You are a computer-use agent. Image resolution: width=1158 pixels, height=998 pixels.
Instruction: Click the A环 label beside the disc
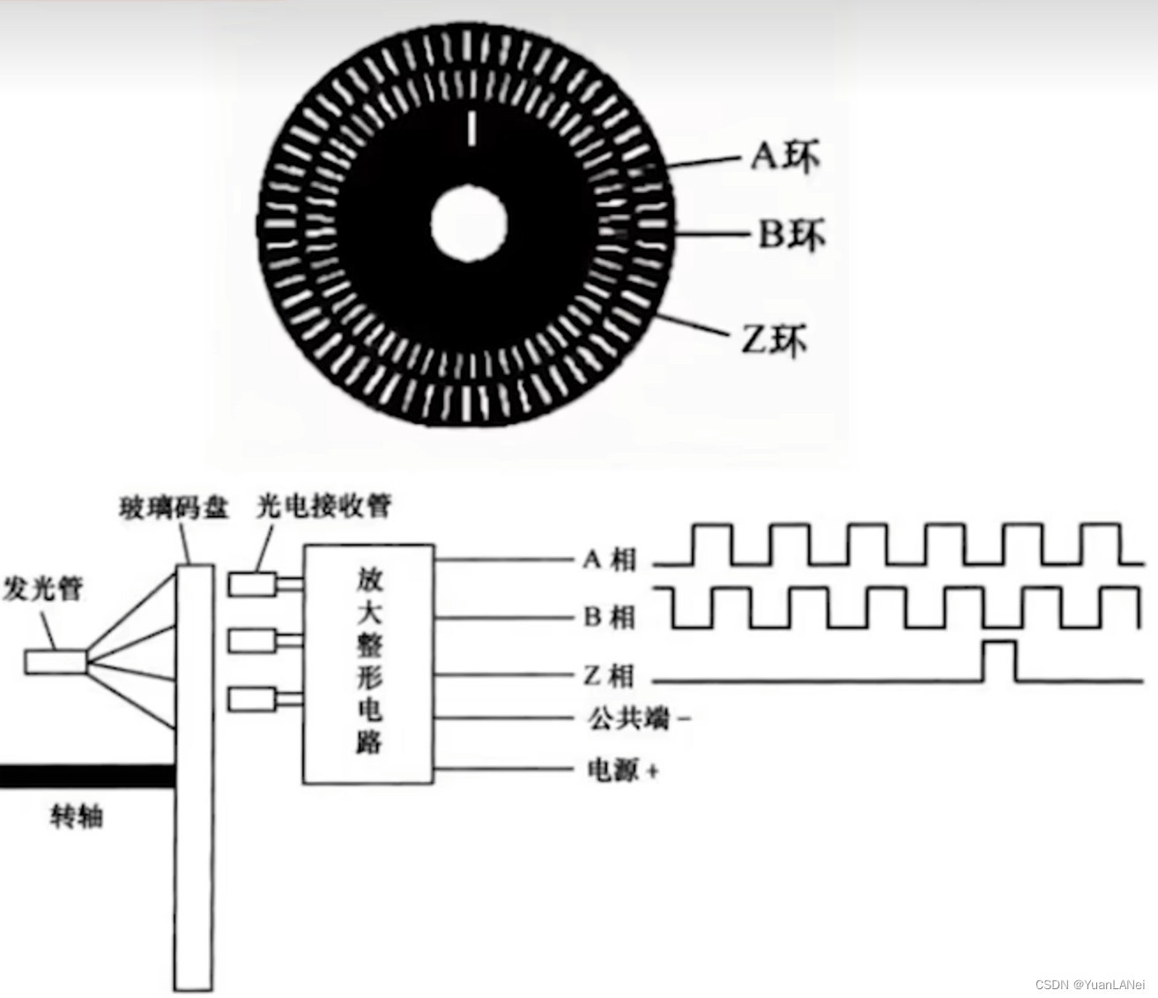pyautogui.click(x=785, y=157)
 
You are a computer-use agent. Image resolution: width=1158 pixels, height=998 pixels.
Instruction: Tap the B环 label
pyautogui.click(x=791, y=235)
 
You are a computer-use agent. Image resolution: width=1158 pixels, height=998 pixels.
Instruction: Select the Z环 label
pyautogui.click(x=774, y=340)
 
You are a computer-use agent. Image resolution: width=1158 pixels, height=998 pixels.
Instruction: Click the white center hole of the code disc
pyautogui.click(x=470, y=222)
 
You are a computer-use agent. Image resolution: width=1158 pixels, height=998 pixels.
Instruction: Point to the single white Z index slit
pyautogui.click(x=472, y=127)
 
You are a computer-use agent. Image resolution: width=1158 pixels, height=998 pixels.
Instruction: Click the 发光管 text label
pyautogui.click(x=43, y=589)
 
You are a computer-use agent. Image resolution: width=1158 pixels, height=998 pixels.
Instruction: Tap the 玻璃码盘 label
pyautogui.click(x=174, y=508)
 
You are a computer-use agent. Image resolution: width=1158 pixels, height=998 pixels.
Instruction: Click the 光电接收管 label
pyautogui.click(x=323, y=505)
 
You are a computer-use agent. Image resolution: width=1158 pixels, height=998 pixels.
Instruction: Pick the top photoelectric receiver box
pyautogui.click(x=254, y=584)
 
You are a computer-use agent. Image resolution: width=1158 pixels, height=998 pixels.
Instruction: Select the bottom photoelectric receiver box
pyautogui.click(x=254, y=700)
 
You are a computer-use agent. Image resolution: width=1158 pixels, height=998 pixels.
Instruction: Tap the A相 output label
pyautogui.click(x=609, y=559)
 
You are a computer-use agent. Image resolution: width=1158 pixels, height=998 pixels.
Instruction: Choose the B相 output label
pyautogui.click(x=609, y=616)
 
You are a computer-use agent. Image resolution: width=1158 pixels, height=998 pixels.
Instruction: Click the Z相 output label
pyautogui.click(x=609, y=676)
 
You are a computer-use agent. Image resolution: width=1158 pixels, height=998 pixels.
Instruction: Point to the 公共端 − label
pyautogui.click(x=638, y=719)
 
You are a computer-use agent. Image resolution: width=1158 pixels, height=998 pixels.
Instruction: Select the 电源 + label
pyautogui.click(x=622, y=770)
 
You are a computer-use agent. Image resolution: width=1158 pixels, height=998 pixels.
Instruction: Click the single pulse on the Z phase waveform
pyautogui.click(x=998, y=661)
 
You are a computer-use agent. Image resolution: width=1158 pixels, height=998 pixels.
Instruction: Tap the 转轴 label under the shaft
pyautogui.click(x=77, y=817)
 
